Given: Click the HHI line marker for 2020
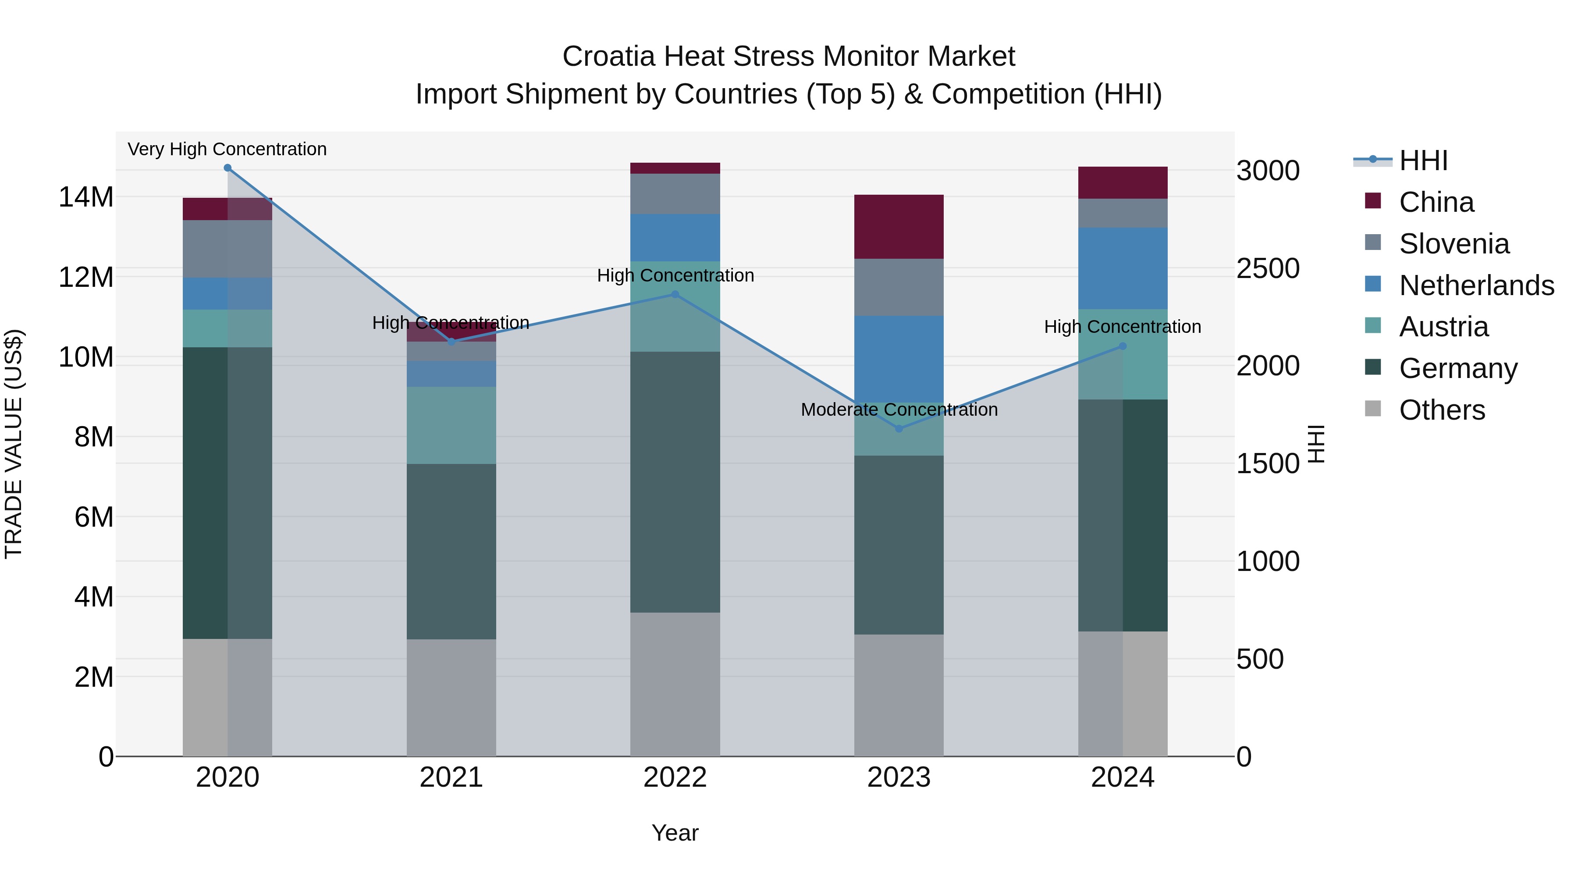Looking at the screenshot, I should (x=227, y=168).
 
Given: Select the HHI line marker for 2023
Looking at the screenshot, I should (x=899, y=428).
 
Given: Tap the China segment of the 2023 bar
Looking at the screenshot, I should (x=899, y=227).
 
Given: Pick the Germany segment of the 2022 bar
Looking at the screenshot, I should (x=675, y=481).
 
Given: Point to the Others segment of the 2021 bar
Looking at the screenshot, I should (x=451, y=697).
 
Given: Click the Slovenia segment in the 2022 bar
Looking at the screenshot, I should (x=675, y=194).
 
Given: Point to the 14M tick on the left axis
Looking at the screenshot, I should (x=86, y=197).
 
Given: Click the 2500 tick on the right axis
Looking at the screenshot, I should (x=1267, y=268).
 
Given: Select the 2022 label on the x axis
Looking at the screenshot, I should (x=675, y=777).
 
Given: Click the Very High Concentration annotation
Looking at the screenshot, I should (x=227, y=149).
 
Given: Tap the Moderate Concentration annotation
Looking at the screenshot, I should (x=899, y=410).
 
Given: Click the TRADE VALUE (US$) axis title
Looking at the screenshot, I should (x=14, y=444).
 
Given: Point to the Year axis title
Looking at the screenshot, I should (x=675, y=833).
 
